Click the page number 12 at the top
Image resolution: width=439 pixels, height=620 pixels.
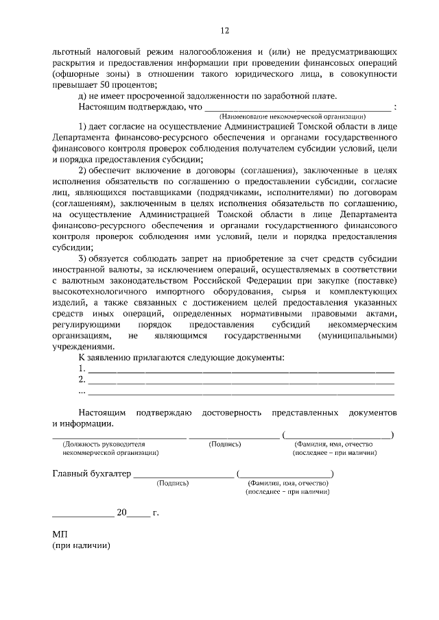tap(224, 31)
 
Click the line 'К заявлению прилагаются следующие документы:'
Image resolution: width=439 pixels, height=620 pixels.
tap(181, 358)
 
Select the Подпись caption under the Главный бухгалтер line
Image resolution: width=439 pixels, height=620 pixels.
tap(173, 483)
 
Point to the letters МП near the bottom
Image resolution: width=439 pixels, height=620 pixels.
tap(60, 534)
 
